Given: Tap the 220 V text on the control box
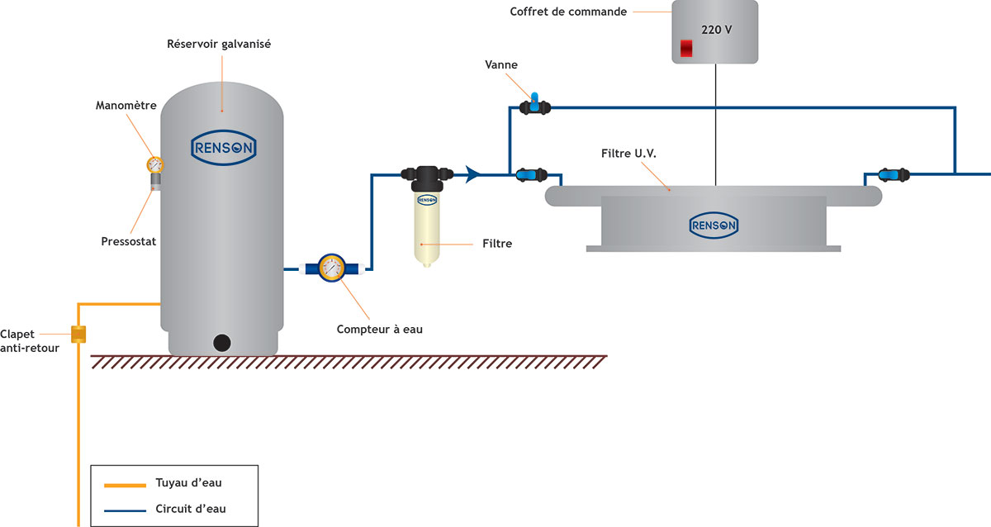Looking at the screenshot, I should coord(715,29).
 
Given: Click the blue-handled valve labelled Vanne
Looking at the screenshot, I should coord(534,106).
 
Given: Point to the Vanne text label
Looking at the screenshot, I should coord(502,64).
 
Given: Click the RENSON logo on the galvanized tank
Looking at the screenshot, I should coord(224,147).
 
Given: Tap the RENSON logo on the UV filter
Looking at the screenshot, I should coord(714,224).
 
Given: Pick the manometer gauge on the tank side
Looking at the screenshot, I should coord(154,164).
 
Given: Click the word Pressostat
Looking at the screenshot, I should coord(128,242).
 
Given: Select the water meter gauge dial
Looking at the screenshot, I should coord(331,268).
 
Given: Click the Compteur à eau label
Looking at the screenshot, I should coord(380,330).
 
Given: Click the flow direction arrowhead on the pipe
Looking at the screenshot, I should coord(473,174).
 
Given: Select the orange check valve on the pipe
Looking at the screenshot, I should coord(79,335).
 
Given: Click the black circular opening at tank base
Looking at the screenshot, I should coord(222,342).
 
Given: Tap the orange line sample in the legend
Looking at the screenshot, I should coord(123,482).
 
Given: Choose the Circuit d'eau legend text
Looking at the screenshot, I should coord(191,509).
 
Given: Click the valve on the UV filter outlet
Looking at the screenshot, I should coord(893,174).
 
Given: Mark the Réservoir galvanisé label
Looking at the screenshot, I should coord(219,44).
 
